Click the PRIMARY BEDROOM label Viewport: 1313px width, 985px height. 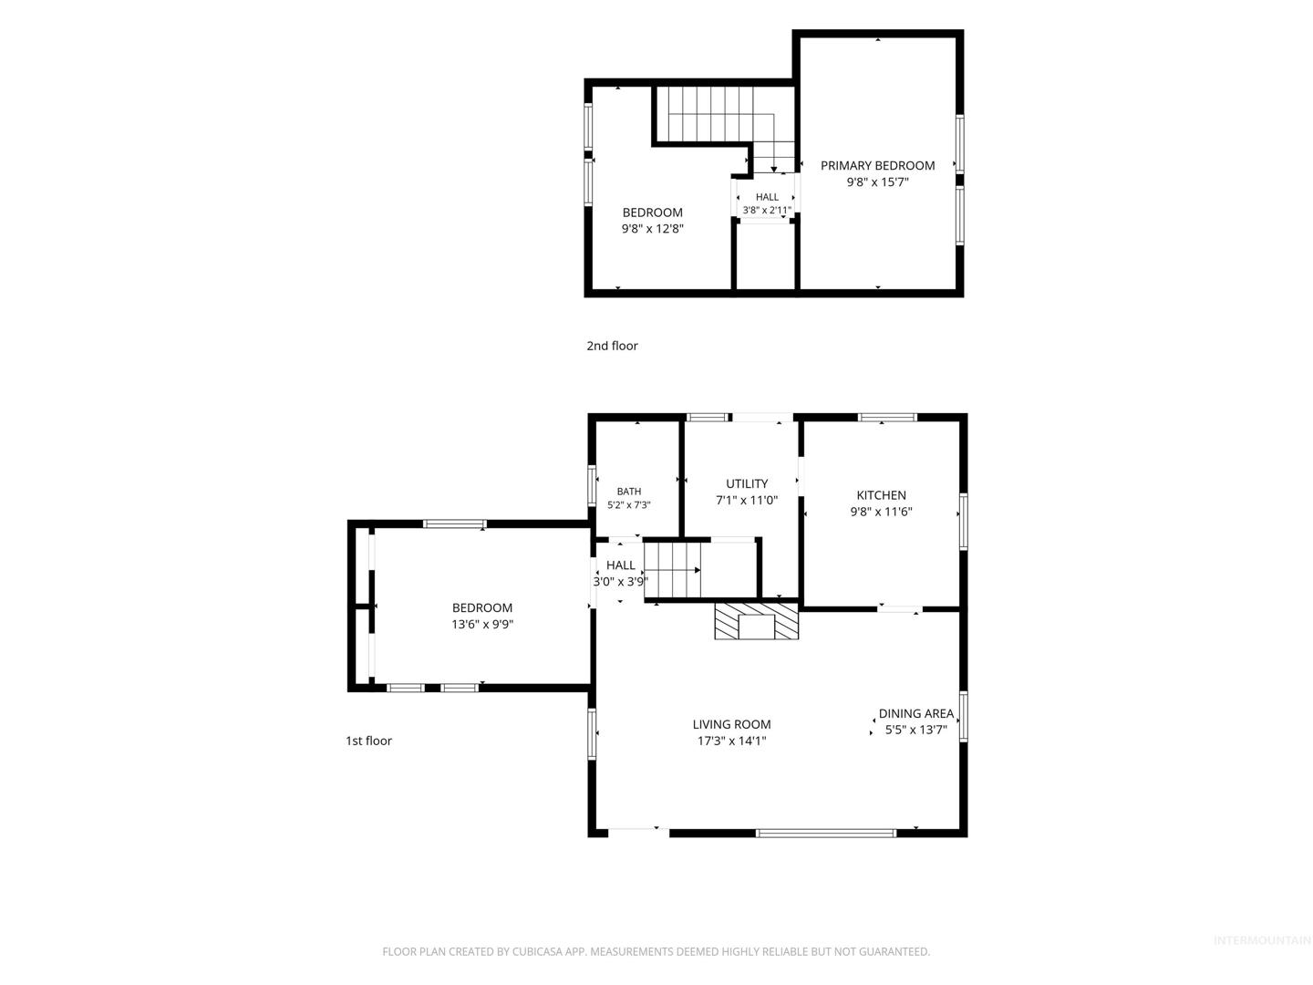[x=877, y=166]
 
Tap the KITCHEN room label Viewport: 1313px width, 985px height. [x=881, y=495]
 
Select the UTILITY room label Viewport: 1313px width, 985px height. [x=747, y=483]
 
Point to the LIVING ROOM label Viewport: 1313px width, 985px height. [x=731, y=724]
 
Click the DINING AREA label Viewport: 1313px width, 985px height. [x=915, y=713]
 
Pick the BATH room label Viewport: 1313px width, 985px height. [x=628, y=492]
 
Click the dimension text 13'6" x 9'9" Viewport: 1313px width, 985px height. [x=482, y=625]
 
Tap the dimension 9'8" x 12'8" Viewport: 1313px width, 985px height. [x=653, y=228]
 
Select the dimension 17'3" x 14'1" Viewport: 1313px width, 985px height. [x=731, y=741]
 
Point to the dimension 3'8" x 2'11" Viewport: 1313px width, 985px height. [x=767, y=210]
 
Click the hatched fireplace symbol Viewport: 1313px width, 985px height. [x=756, y=621]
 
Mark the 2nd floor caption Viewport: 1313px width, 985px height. [x=612, y=346]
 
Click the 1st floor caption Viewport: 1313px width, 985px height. [x=368, y=741]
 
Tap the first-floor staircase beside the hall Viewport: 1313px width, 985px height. [x=672, y=570]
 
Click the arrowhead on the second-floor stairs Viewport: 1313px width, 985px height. [x=773, y=170]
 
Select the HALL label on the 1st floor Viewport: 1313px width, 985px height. [x=620, y=565]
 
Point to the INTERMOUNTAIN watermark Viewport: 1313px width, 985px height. [x=1262, y=940]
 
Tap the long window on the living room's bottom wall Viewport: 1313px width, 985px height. [x=825, y=833]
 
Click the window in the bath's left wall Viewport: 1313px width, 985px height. [x=592, y=486]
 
